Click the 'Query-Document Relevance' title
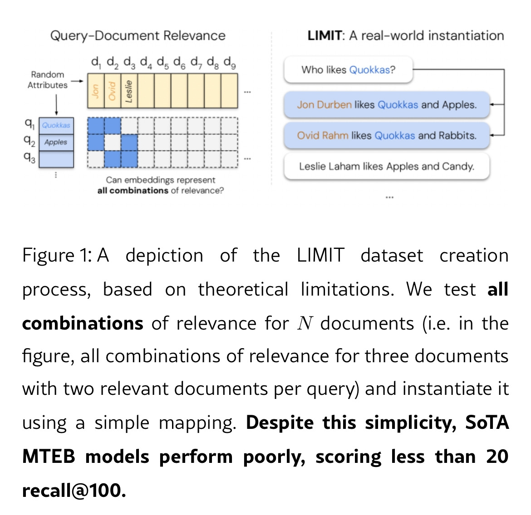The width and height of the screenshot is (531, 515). tap(138, 36)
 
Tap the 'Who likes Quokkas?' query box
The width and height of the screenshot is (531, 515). tap(348, 70)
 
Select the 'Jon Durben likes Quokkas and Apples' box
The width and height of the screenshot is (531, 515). tap(387, 105)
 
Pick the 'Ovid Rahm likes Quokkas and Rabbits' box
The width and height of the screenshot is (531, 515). tap(387, 136)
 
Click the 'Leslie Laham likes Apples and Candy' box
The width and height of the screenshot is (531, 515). tap(387, 166)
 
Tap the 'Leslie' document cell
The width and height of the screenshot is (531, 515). tap(129, 91)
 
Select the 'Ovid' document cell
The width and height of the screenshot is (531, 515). tap(112, 91)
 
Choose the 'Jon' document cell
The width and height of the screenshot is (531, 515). tap(95, 91)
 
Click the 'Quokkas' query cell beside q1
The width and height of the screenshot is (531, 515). tap(56, 126)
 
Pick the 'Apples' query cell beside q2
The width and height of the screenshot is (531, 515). tap(56, 142)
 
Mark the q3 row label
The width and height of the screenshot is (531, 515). tap(29, 158)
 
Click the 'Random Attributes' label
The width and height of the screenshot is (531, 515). tap(47, 80)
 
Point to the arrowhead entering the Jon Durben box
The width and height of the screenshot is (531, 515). tap(493, 104)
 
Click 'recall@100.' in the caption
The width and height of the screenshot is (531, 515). tap(74, 491)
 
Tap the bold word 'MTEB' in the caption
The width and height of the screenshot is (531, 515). tap(49, 457)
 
